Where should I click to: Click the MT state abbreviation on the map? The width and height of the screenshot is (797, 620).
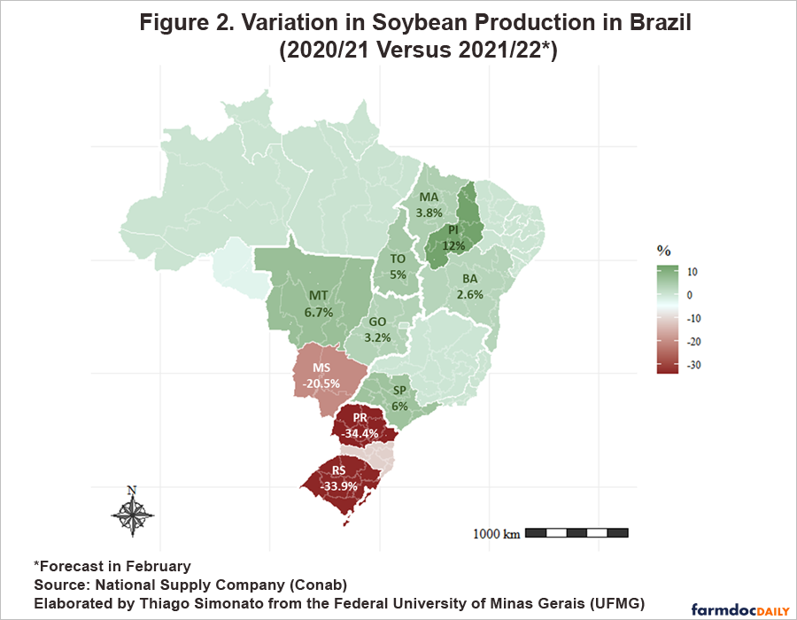pos(319,295)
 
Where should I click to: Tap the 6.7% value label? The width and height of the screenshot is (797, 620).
pos(319,312)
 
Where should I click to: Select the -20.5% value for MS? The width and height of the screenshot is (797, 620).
pos(321,383)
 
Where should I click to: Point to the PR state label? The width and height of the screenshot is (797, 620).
pos(360,417)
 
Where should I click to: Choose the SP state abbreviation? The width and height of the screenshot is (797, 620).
pos(399,391)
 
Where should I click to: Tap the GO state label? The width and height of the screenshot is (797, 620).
pos(378,322)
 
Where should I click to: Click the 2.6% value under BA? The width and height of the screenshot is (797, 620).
pos(470,295)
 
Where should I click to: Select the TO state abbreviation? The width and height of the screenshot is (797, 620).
pos(398,259)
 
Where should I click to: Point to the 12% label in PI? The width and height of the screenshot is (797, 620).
pos(454,244)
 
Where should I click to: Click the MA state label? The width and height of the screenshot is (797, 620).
pos(429,197)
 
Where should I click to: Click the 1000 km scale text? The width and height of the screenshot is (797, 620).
pos(496,533)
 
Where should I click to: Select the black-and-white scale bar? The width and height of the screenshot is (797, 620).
pos(576,532)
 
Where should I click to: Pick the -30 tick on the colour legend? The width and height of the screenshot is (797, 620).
pos(693,365)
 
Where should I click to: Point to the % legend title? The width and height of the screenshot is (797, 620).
pos(663,251)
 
